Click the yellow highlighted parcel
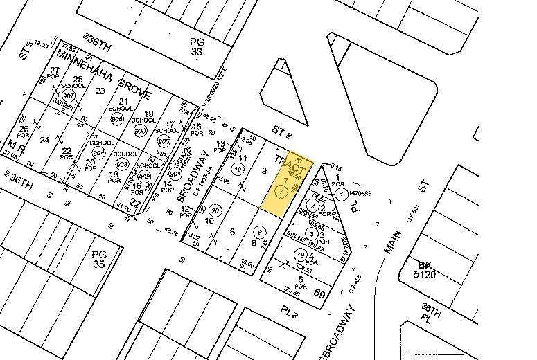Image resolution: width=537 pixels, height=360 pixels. pos(285,181)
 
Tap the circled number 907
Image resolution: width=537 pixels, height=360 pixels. pos(68,96)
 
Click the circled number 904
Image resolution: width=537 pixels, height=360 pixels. pos(99,152)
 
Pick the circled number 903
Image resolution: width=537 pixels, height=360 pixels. pos(123,165)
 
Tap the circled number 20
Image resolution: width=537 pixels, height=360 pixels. pos(215,210)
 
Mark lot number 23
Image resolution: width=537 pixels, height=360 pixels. pos(100,90)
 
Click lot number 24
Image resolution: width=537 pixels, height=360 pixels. pos(45,140)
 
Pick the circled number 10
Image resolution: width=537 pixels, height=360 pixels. pos(238,169)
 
